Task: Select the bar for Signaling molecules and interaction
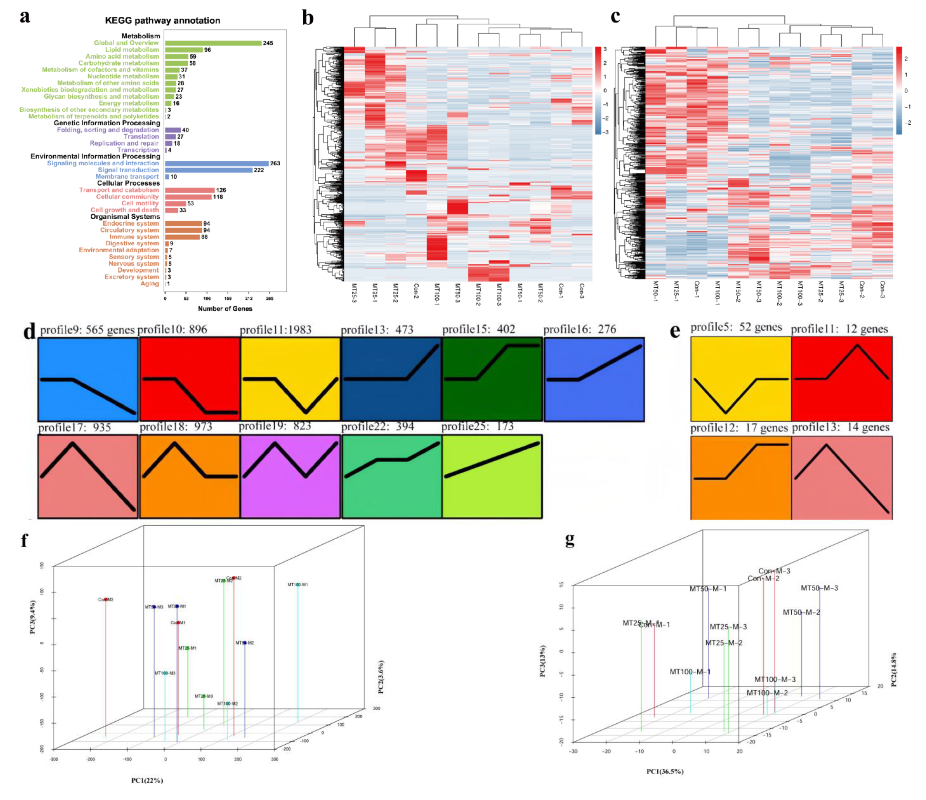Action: (x=217, y=163)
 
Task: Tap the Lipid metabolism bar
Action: (x=184, y=50)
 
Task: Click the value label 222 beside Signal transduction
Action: (x=259, y=170)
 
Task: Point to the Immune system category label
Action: (x=134, y=237)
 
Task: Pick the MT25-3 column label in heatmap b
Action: (x=354, y=293)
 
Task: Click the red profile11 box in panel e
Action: (x=842, y=379)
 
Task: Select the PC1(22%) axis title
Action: (x=147, y=780)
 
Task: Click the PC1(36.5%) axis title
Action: (x=665, y=771)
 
